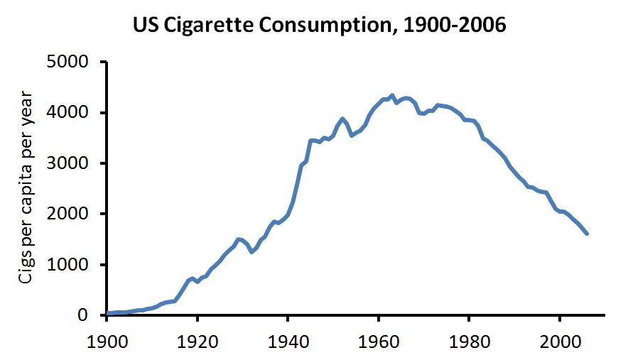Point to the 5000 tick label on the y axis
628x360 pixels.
(x=68, y=62)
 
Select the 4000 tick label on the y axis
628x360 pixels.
(x=68, y=113)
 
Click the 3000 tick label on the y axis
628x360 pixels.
(x=68, y=163)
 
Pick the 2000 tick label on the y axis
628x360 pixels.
(x=68, y=214)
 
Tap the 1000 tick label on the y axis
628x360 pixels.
(x=68, y=265)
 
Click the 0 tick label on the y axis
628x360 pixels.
(x=82, y=315)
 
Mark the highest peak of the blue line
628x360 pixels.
(x=392, y=95)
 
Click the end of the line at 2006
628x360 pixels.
(x=587, y=233)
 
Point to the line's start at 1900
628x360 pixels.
(x=107, y=313)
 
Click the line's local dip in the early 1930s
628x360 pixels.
(x=251, y=252)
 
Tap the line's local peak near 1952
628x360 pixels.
(x=342, y=119)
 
